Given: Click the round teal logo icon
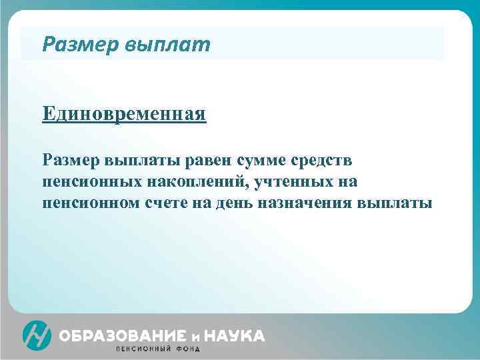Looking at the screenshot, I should pyautogui.click(x=37, y=335).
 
